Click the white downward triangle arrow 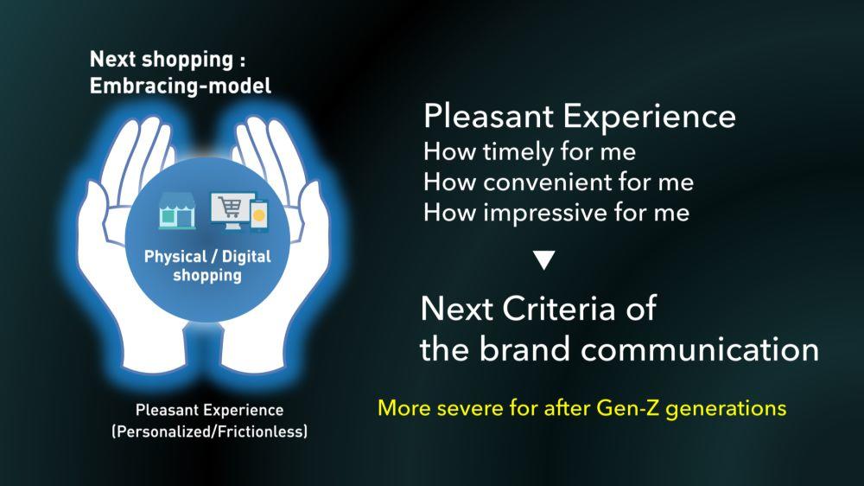point(543,260)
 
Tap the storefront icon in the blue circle point(177,211)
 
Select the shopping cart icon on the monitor point(230,208)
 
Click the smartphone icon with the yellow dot point(258,214)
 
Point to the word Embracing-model point(181,86)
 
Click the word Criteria point(558,309)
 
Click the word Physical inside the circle point(175,257)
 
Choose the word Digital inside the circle point(246,257)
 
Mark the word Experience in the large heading point(649,117)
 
